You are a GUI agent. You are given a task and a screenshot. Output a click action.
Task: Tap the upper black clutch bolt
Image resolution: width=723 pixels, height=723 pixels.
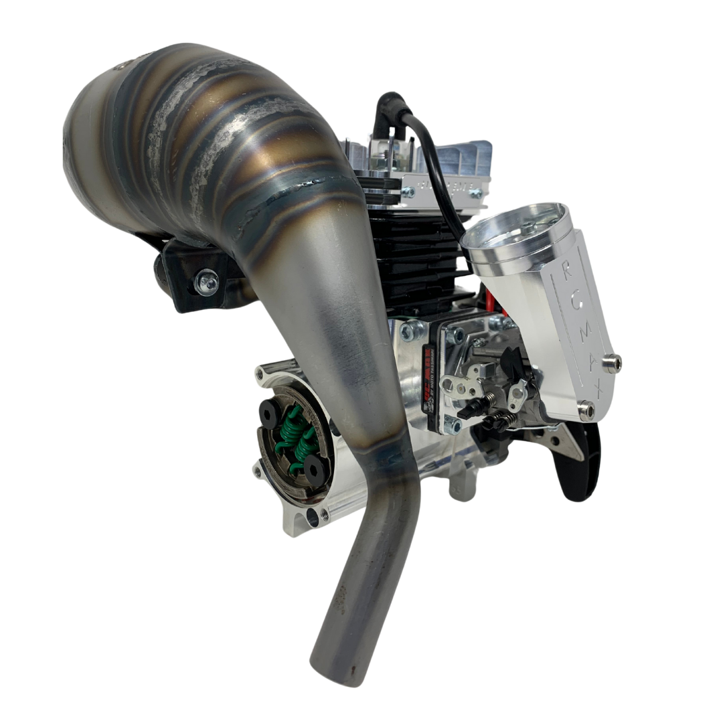270,416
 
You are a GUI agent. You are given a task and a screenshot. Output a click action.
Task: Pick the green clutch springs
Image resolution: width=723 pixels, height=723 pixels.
298,442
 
